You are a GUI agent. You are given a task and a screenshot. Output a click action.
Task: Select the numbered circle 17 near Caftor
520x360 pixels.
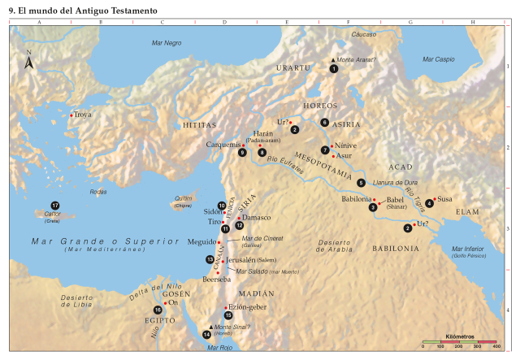pos(55,205)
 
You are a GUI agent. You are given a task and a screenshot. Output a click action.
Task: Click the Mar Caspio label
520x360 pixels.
pos(439,59)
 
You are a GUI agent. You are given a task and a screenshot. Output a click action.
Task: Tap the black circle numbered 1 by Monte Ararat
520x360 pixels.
pos(334,70)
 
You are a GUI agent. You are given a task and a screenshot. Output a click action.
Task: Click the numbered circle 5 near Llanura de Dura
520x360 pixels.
pos(361,182)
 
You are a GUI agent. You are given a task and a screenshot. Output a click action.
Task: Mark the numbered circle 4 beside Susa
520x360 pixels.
pos(429,203)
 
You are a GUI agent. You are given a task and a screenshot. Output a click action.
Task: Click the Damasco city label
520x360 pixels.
pos(257,217)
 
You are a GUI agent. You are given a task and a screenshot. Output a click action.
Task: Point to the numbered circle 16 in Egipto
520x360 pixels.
pos(158,310)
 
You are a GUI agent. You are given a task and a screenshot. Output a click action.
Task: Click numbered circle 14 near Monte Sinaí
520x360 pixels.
pos(206,334)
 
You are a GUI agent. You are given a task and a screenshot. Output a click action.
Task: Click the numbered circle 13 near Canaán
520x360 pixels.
pos(210,258)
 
